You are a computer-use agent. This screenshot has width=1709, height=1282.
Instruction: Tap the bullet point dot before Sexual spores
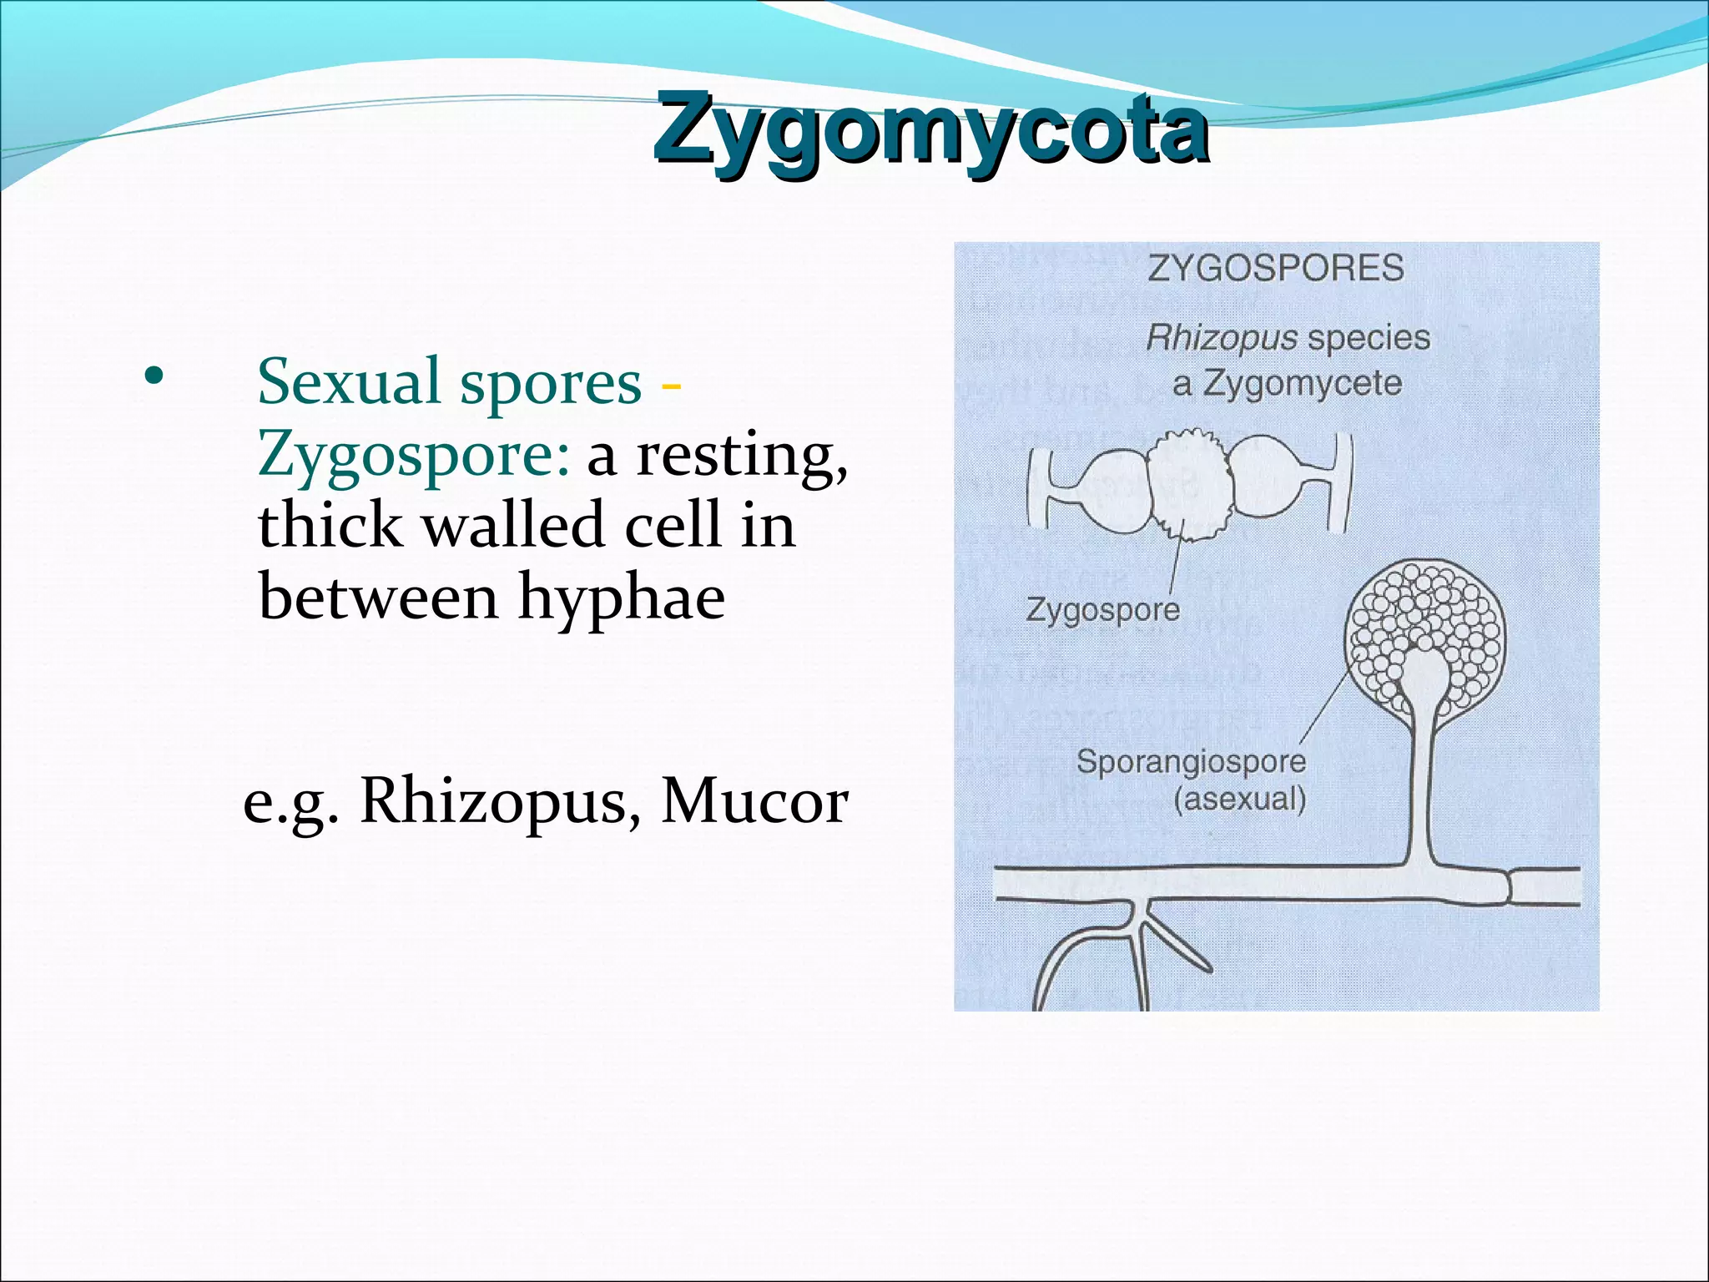(152, 378)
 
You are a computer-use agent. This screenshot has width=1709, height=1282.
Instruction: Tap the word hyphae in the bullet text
(621, 598)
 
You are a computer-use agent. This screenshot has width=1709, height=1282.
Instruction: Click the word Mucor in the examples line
(754, 802)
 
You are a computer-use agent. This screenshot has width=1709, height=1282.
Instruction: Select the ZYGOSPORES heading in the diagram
(1276, 269)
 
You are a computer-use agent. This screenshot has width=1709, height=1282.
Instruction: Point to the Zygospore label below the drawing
(1102, 609)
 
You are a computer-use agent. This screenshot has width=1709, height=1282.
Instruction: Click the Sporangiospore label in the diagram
(1191, 761)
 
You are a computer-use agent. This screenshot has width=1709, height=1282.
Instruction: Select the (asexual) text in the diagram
(1239, 800)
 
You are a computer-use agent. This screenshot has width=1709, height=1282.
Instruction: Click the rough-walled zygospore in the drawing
(1188, 486)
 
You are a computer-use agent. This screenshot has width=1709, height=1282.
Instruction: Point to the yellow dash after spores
(670, 386)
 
